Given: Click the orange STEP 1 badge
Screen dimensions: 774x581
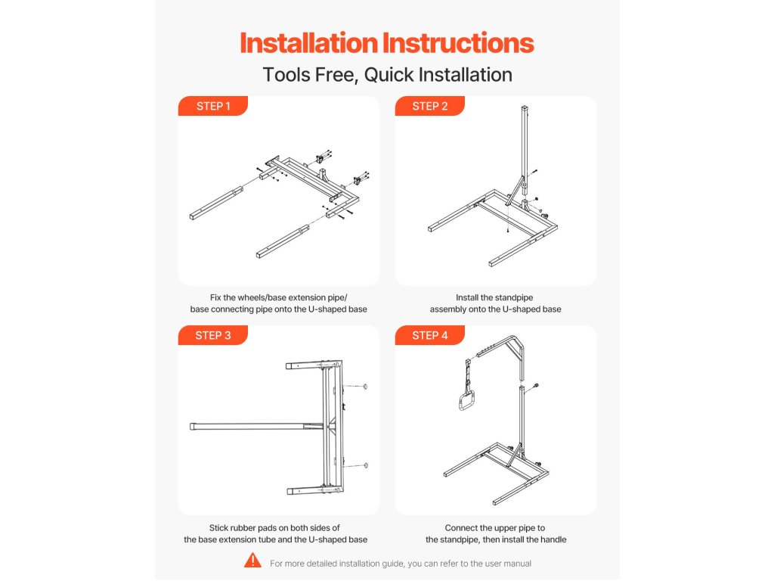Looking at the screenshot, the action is click(x=212, y=106).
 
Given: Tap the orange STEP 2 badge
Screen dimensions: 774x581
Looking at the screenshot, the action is click(x=429, y=106).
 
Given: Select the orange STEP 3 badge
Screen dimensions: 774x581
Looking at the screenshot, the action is click(x=212, y=335).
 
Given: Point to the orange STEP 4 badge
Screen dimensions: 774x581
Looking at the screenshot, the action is click(x=429, y=335).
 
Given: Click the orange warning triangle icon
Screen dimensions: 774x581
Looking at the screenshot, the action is click(x=252, y=561).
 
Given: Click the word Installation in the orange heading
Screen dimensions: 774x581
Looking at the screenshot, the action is click(x=309, y=43).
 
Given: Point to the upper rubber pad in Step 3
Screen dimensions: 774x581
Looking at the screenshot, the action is click(x=365, y=387).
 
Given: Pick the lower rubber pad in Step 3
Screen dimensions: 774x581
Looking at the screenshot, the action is click(x=365, y=465).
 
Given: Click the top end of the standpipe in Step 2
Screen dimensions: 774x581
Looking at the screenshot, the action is click(x=525, y=107).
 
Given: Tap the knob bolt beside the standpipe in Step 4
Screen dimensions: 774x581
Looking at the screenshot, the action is click(x=536, y=386).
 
